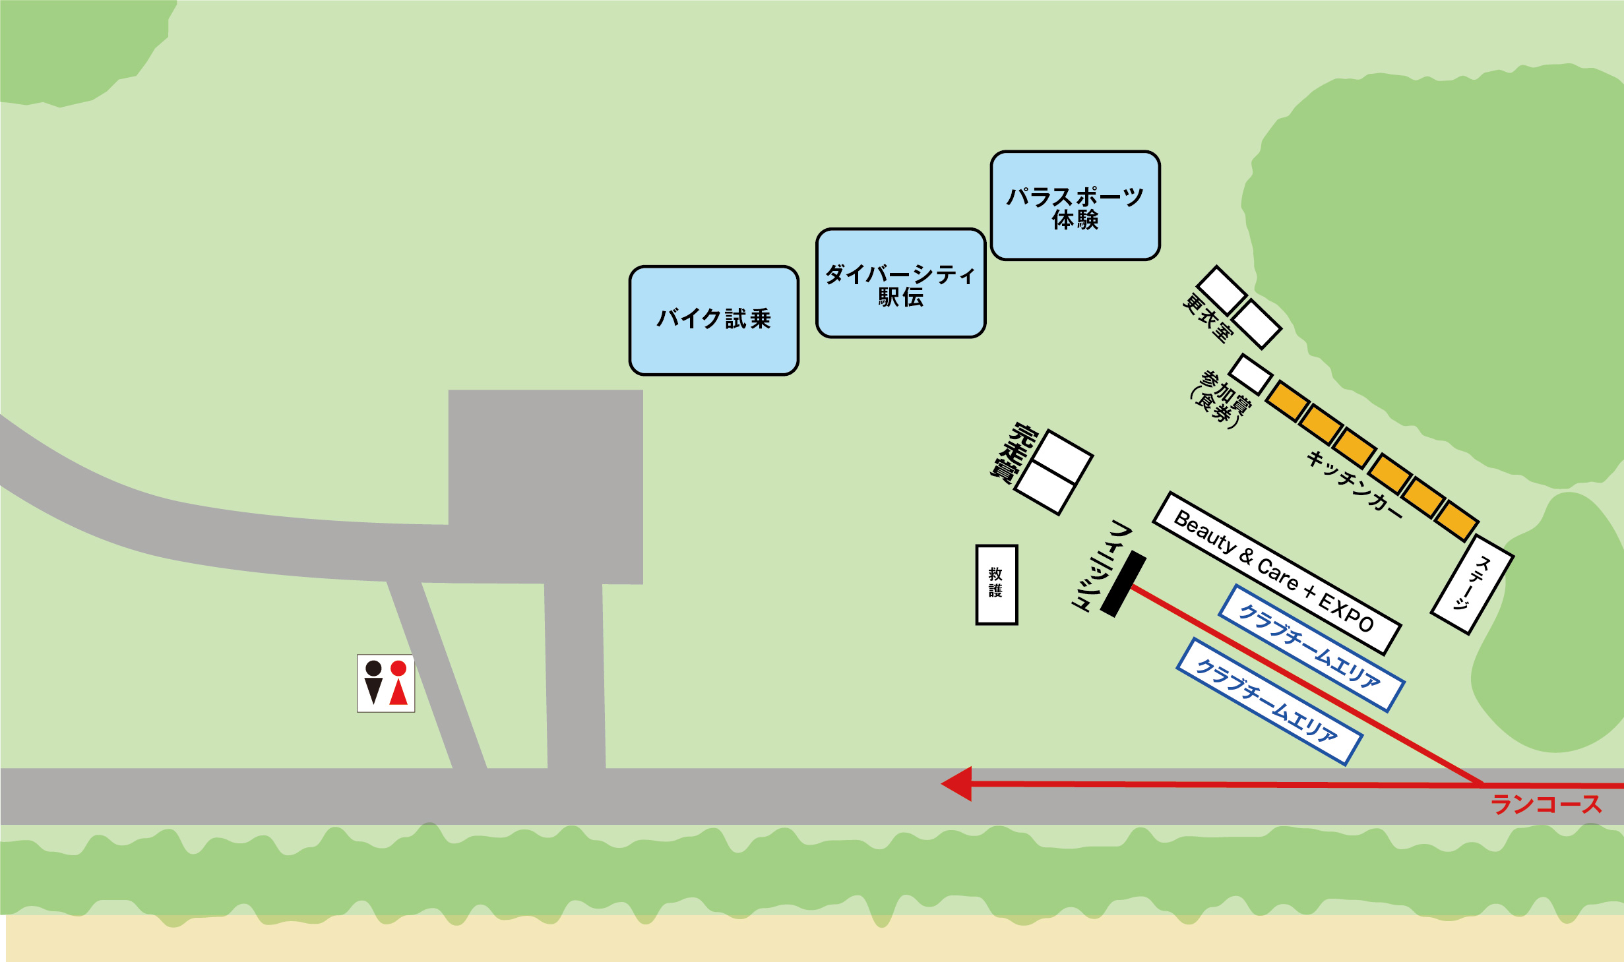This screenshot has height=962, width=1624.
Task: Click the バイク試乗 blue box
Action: pos(714,320)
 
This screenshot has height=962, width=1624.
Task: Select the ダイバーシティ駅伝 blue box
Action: pos(900,283)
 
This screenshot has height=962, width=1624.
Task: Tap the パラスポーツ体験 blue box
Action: pos(1075,206)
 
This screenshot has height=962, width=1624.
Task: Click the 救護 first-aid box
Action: pos(997,584)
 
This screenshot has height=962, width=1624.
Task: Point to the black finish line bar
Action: pos(1123,584)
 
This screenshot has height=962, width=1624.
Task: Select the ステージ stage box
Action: pos(1472,585)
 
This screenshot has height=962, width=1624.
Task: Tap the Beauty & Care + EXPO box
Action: pos(1276,573)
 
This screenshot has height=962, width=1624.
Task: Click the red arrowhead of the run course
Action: pos(956,783)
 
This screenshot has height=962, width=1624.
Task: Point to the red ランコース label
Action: pos(1546,804)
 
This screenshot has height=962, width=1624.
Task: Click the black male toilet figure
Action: pos(373,682)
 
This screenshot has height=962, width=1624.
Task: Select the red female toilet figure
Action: pos(398,682)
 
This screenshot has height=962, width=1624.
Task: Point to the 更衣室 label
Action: pos(1207,319)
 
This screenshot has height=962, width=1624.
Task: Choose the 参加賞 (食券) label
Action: pos(1221,399)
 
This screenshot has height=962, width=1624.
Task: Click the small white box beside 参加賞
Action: pos(1251,375)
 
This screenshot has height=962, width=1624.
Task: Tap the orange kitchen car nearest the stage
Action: pos(1456,520)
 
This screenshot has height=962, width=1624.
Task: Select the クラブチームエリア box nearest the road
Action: pos(1269,702)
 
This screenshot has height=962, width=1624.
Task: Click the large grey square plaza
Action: pos(546,487)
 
